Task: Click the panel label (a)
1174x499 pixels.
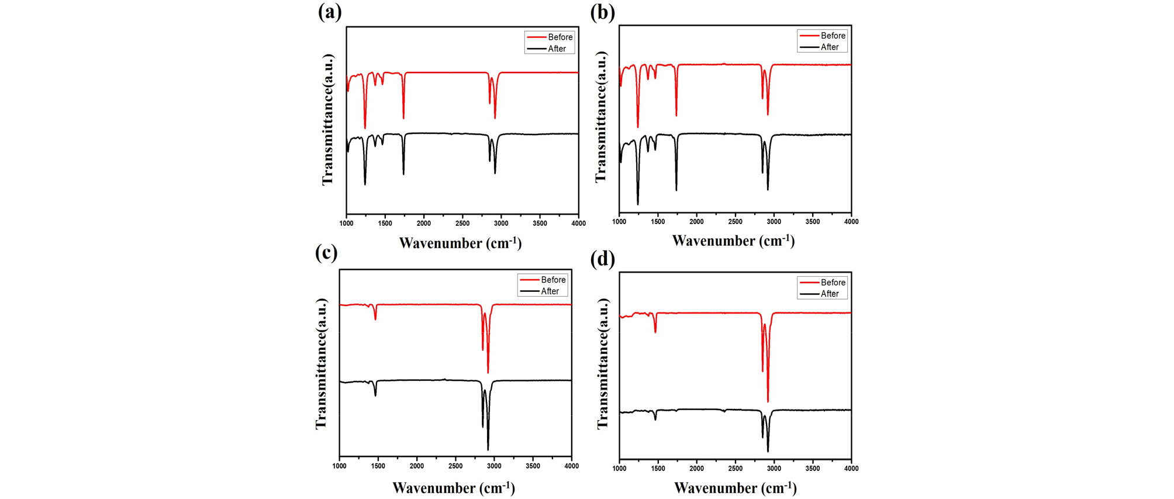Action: point(330,12)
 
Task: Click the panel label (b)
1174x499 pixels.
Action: point(602,12)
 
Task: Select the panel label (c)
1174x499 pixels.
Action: point(326,253)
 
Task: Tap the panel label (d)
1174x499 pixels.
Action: point(602,259)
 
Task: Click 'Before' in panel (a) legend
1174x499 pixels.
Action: point(560,37)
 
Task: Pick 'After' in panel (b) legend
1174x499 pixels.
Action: point(830,47)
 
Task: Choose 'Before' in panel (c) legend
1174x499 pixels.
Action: point(553,280)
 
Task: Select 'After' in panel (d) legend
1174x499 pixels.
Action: point(830,294)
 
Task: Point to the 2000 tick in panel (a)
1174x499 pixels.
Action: point(423,223)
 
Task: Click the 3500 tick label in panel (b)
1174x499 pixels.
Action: point(813,222)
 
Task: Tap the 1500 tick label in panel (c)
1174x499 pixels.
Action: point(378,466)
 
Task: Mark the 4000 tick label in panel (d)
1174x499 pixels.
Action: point(851,469)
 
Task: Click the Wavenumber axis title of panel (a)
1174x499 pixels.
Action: point(460,243)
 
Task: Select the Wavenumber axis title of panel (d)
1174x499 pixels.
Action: point(735,487)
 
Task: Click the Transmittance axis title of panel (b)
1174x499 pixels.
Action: point(601,117)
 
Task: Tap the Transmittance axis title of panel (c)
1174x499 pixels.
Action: point(321,363)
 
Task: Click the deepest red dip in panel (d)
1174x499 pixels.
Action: point(768,401)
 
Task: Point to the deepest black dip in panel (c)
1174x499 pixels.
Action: point(488,449)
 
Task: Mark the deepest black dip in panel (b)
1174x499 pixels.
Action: point(638,204)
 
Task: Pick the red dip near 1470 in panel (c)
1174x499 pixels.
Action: point(375,319)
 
